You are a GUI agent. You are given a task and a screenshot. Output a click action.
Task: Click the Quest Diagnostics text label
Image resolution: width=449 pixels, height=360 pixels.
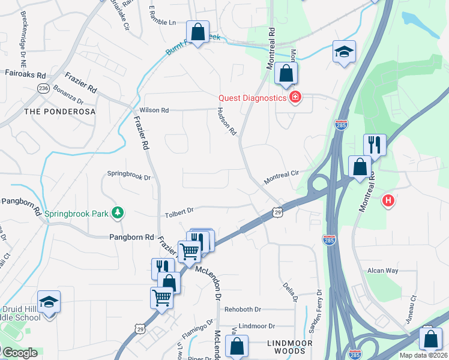point(252,98)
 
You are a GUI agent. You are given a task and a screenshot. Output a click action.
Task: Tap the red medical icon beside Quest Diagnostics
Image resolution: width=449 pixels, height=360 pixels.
point(294,97)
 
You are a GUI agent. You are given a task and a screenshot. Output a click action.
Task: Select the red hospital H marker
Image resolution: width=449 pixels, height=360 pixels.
point(388,200)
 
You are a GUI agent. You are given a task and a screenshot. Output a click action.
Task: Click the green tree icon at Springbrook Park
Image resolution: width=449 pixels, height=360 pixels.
point(119,212)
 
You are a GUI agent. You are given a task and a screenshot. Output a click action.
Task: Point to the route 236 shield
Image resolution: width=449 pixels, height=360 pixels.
point(43,88)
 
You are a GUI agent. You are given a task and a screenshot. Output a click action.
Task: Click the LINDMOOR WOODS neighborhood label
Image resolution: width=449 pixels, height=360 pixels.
point(291,342)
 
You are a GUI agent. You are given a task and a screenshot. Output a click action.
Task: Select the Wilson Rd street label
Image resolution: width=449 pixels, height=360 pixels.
point(154,110)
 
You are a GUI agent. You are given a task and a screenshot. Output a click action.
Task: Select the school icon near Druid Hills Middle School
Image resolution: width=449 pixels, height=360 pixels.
point(49,301)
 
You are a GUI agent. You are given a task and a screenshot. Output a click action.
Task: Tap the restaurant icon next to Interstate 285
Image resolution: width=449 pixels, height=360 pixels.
point(375,144)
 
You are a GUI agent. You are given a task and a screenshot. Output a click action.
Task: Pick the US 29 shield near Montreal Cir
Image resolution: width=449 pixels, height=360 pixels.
point(277,212)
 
